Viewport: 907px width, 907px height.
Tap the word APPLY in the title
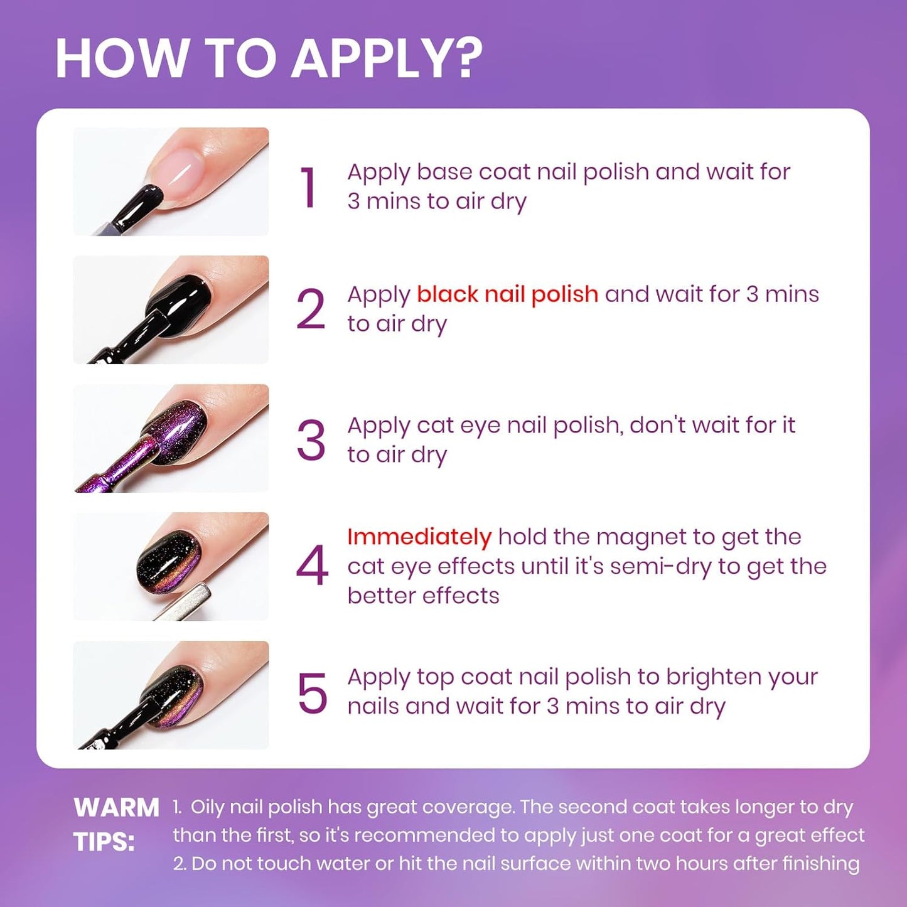pos(374,58)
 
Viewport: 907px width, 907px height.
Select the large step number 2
pos(311,309)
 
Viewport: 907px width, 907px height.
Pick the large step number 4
pos(312,566)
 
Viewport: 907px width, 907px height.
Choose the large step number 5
pos(312,694)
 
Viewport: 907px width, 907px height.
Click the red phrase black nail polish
pos(507,294)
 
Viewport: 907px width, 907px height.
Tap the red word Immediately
pos(419,537)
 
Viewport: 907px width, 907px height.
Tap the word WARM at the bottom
pos(116,808)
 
